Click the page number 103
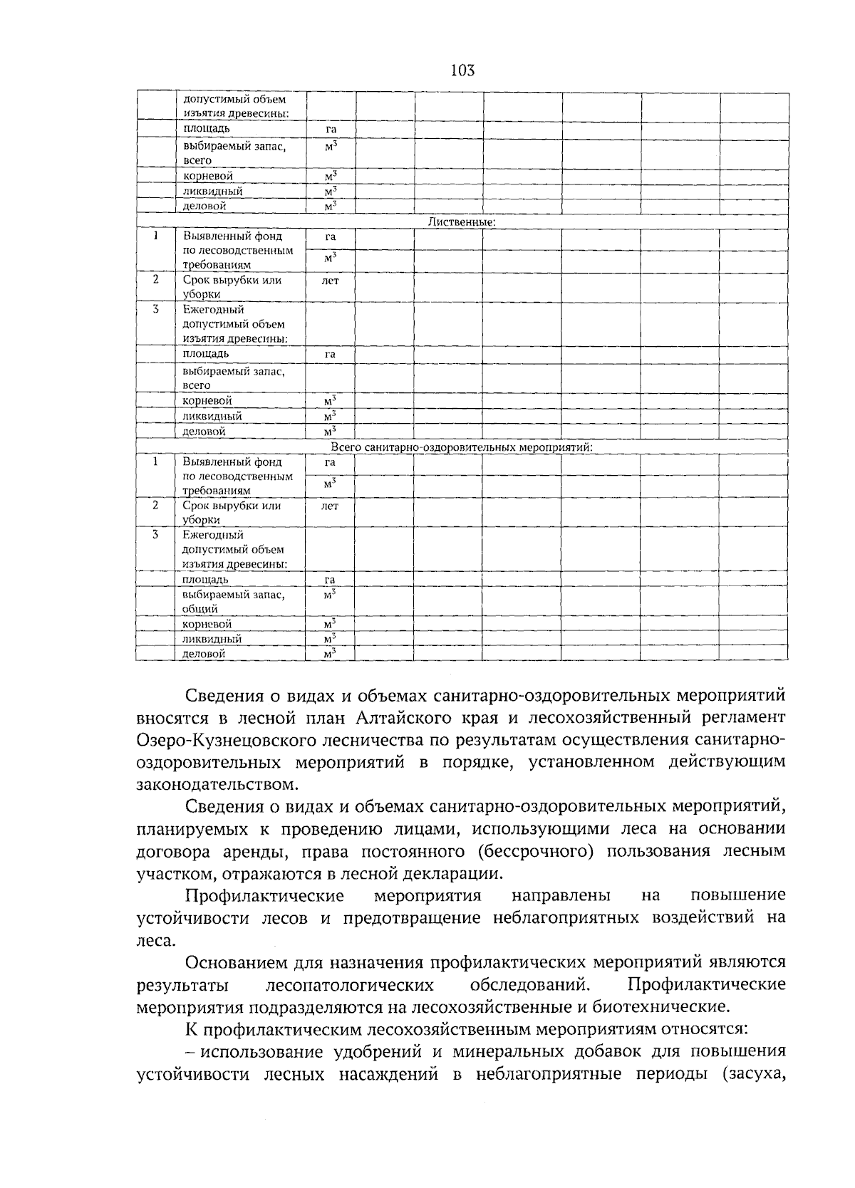462,71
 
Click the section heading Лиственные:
462,222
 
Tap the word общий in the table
199,609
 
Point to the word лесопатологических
349,984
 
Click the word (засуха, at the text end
754,1074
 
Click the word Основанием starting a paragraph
237,962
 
